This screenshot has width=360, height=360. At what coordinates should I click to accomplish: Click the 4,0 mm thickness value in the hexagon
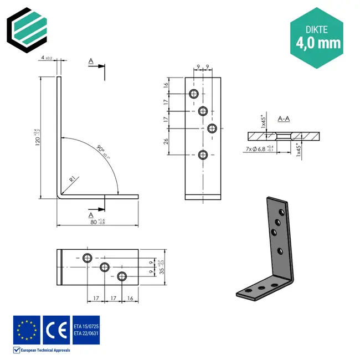318,42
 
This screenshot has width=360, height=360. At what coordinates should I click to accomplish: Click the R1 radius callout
73,179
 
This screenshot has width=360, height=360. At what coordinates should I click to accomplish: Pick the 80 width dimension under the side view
93,223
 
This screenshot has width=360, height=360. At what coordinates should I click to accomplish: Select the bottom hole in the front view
203,155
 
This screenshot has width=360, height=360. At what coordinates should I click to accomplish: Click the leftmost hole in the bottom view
87,258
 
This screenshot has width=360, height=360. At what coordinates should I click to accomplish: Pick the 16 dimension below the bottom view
129,299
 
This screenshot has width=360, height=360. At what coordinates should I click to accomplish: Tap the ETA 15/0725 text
86,326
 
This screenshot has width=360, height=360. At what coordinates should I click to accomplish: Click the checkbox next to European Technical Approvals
17,350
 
